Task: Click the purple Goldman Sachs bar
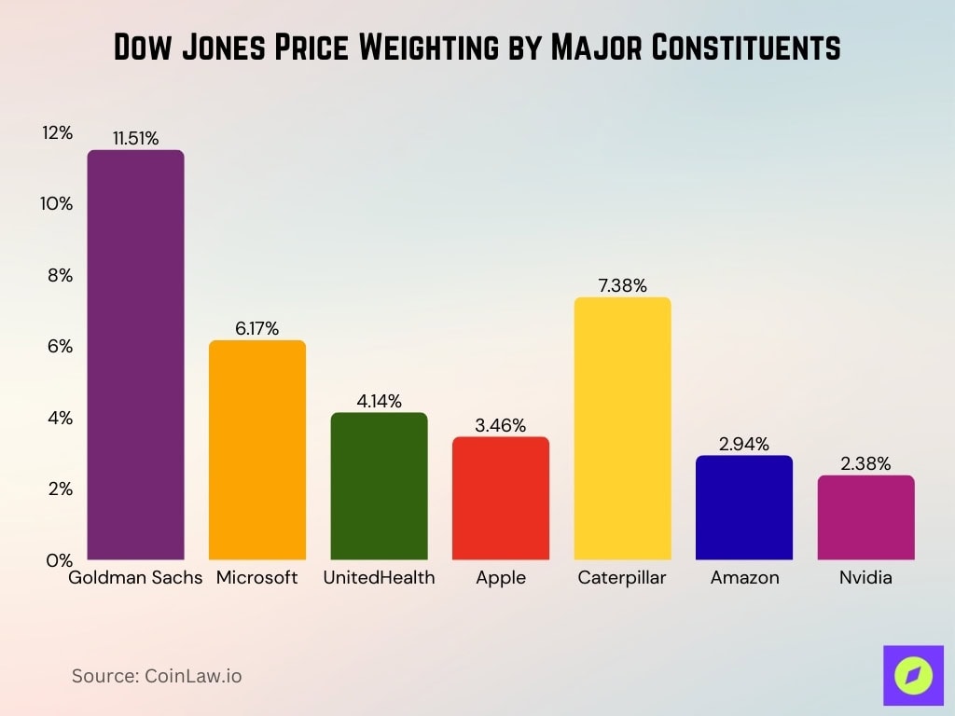[135, 355]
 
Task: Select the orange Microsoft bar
[257, 450]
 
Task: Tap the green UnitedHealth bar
[379, 487]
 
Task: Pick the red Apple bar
[501, 499]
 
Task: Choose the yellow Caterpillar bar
[622, 429]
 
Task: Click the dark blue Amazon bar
[744, 508]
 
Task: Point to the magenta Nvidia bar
[865, 518]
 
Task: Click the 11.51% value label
[135, 138]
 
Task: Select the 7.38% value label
[622, 286]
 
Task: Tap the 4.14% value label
[379, 401]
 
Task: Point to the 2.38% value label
[865, 463]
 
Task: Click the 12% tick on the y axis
[57, 133]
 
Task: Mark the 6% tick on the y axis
[57, 347]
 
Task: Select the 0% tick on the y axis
[57, 560]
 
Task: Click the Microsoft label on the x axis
[257, 578]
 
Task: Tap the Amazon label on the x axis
[744, 578]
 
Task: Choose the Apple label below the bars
[501, 578]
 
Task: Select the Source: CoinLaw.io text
[157, 676]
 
